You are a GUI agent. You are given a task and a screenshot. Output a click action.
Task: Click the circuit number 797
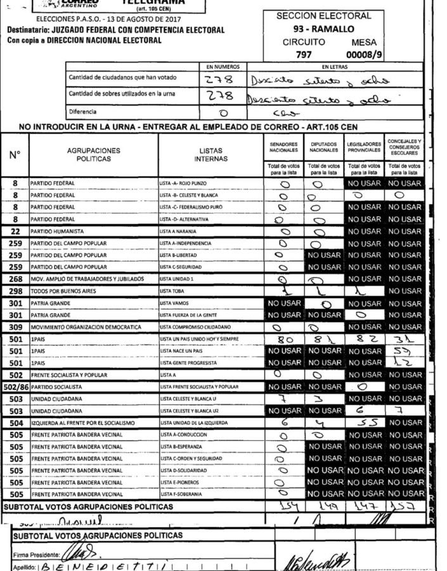coord(304,55)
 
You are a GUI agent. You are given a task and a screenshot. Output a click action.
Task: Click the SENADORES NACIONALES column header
coord(283,147)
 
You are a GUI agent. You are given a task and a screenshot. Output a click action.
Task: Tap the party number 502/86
coord(15,386)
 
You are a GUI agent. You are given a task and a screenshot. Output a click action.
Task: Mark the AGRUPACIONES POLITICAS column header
coord(94,155)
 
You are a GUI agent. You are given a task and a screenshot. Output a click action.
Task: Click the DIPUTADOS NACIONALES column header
coord(324,147)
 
